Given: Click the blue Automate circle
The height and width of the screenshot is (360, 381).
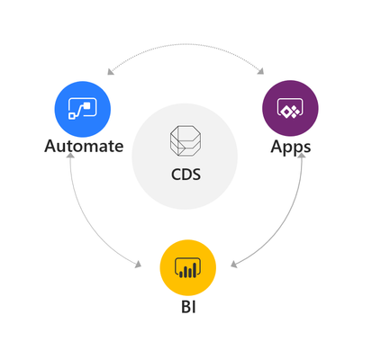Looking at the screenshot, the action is pos(83,109).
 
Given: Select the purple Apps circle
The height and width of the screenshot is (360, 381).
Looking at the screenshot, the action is pos(290,108).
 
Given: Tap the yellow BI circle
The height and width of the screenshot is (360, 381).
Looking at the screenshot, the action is pos(188,267).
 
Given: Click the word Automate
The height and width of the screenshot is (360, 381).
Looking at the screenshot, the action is pos(84,147).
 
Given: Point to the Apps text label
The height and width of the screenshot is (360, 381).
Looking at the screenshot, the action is pos(291,148).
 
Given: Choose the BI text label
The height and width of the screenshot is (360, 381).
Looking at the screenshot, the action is pos(188,307).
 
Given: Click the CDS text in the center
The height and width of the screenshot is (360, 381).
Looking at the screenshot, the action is pos(186,175).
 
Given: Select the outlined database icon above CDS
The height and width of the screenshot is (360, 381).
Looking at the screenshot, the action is pos(186,140).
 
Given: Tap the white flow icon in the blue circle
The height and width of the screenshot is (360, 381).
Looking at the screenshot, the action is pos(83,108).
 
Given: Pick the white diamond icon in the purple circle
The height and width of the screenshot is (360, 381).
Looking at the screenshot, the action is pos(290,108).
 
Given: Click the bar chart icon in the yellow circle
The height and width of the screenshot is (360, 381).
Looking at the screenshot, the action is pos(188,267).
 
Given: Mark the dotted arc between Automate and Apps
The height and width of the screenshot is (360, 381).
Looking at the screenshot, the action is pos(186,44).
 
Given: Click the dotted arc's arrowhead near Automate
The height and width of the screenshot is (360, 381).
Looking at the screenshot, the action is pos(110,72).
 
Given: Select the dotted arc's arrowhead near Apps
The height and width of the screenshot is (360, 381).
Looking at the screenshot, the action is pos(261,71).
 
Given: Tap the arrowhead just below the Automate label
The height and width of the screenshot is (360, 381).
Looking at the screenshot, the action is pos(70,155).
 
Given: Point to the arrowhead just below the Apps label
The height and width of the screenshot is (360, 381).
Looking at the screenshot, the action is pos(301,155).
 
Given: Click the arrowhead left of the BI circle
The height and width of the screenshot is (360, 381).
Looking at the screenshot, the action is pos(139,265).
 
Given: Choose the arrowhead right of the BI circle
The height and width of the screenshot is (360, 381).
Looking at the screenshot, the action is pos(234,265).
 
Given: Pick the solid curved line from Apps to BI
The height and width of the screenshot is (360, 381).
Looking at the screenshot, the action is pos(283,222).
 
